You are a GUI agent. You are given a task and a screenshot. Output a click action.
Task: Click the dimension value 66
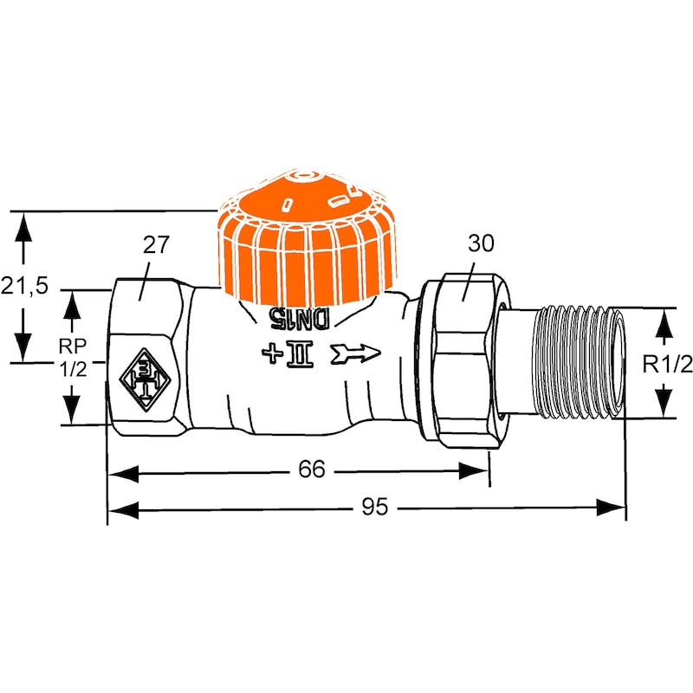point(312,469)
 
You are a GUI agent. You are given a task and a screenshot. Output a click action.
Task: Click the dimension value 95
point(375,507)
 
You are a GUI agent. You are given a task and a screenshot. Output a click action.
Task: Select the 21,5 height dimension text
point(24,286)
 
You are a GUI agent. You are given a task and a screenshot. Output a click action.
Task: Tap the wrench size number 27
point(156,245)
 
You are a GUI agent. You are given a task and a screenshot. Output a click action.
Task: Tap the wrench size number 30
point(481,243)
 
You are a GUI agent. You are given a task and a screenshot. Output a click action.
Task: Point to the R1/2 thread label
point(667,365)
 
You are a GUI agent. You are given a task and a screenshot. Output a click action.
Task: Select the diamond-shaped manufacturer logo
point(145,379)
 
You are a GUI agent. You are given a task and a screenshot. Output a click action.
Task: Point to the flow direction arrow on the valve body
point(356,353)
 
